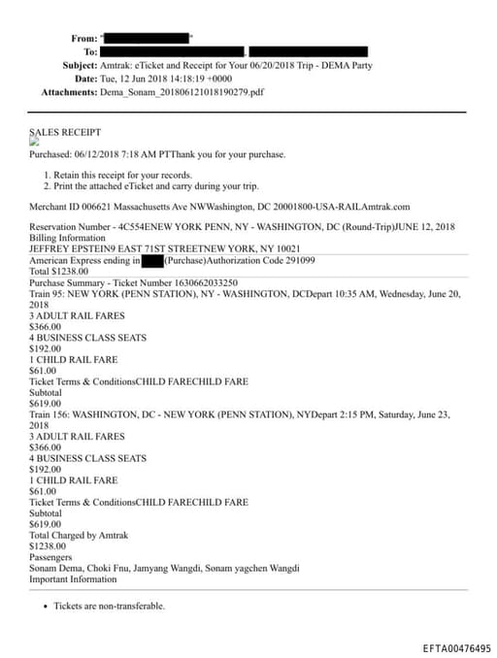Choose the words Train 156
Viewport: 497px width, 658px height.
pyautogui.click(x=51, y=413)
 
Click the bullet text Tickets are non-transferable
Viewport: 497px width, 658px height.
pyautogui.click(x=110, y=606)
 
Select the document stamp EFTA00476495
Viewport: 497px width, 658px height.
pyautogui.click(x=456, y=648)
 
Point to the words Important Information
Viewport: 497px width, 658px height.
pyautogui.click(x=73, y=579)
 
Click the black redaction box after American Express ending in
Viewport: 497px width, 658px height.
pyautogui.click(x=151, y=261)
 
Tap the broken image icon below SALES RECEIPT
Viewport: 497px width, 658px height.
pyautogui.click(x=34, y=142)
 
